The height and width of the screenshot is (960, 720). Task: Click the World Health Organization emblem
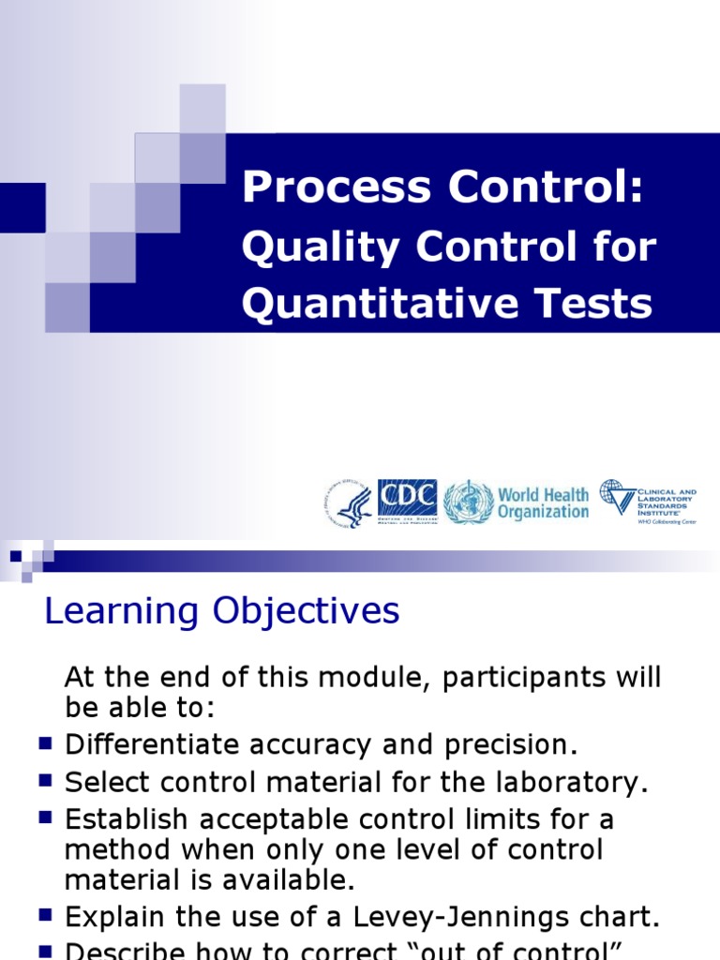coord(467,502)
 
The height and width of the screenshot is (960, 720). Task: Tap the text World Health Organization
coord(543,502)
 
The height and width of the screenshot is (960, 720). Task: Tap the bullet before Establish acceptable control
coord(45,817)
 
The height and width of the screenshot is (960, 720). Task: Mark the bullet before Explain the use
coord(45,915)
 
